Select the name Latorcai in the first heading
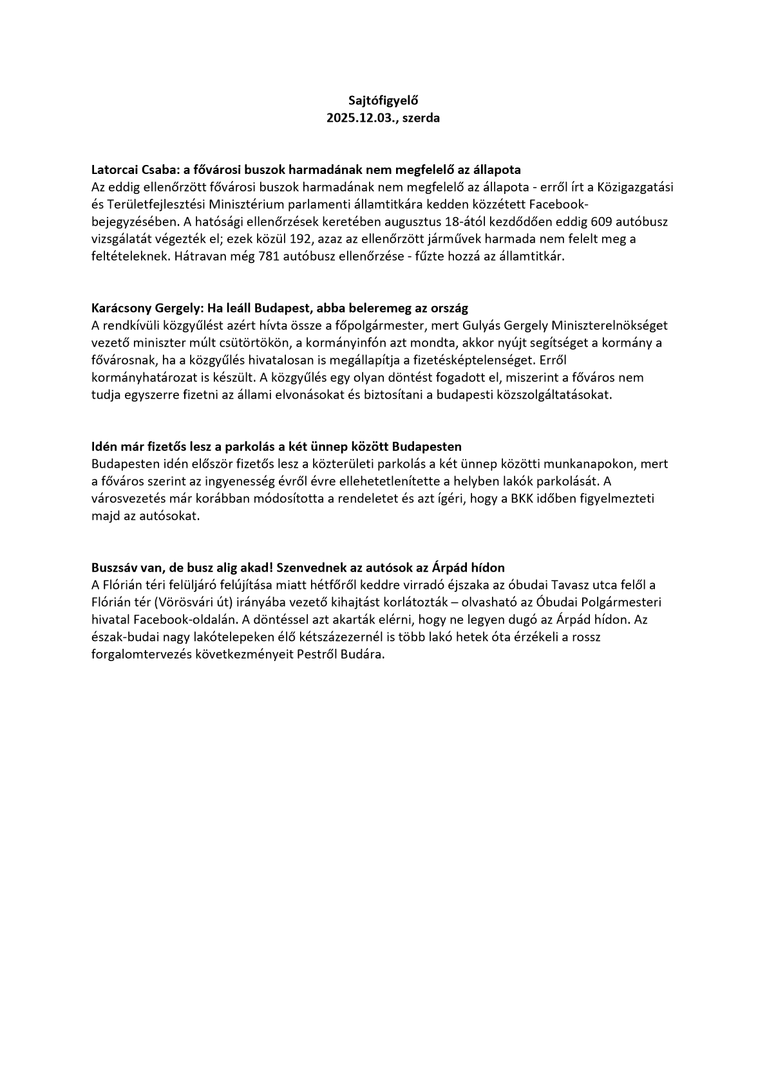[114, 170]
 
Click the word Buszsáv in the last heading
[114, 568]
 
